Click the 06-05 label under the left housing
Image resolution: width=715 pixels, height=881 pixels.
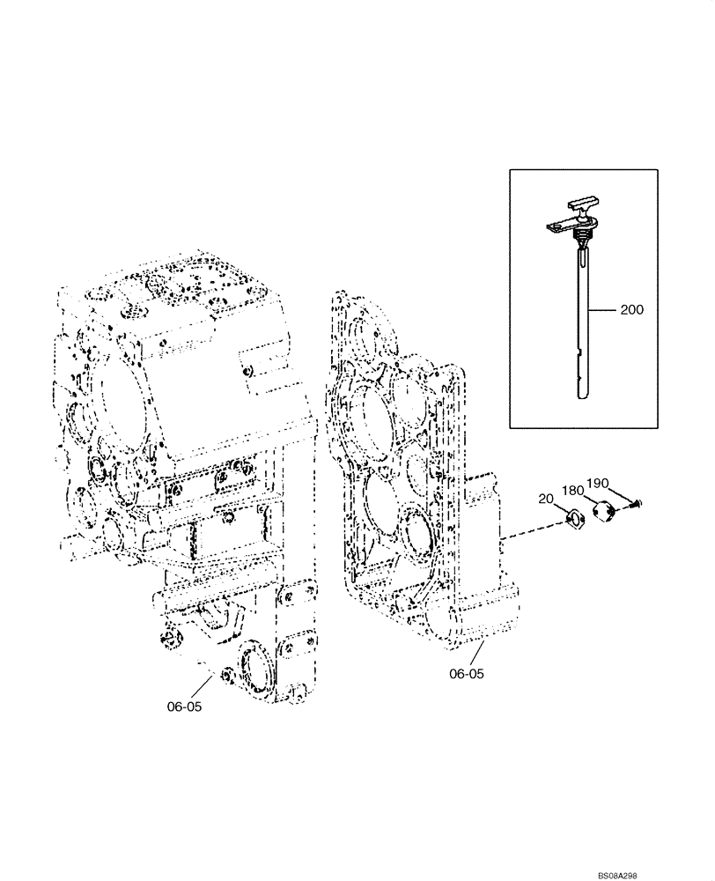(183, 706)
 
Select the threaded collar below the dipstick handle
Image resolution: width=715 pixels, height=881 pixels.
(583, 238)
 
